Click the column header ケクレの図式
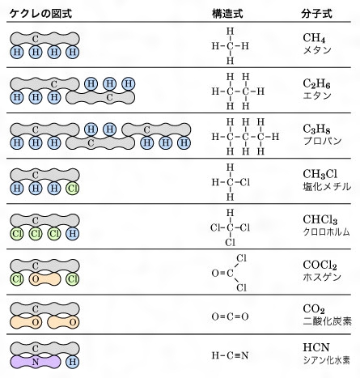coord(40,14)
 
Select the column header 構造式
coord(227,14)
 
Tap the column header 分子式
coord(316,14)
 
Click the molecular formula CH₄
coord(314,38)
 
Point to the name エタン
coord(317,96)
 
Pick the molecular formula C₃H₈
coord(316,129)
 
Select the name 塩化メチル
coord(327,186)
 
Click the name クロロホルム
coord(327,231)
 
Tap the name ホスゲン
coord(322,277)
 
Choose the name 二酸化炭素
coord(328,321)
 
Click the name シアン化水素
coord(327,360)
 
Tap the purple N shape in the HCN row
coord(36,362)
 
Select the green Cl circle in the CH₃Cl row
coord(72,189)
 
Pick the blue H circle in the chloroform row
coord(72,234)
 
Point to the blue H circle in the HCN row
coord(72,362)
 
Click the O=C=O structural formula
coord(230,316)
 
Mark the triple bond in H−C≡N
coord(237,355)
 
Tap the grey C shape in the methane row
coord(44,39)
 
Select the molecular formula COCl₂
coord(320,265)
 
